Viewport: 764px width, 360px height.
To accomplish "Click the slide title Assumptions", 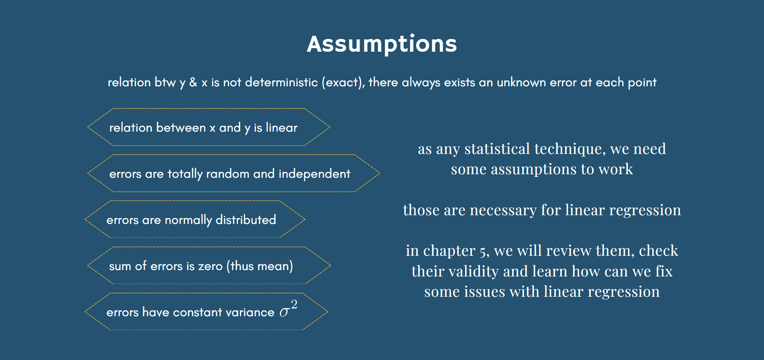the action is (382, 44).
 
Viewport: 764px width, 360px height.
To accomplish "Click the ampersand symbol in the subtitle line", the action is (193, 82).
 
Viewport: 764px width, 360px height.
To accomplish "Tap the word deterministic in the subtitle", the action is (281, 82).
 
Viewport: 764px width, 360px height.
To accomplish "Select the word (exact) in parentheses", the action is (343, 82).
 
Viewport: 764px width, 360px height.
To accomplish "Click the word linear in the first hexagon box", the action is (281, 128).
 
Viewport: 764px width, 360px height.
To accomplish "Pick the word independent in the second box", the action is (314, 174).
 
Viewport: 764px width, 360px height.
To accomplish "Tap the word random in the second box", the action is (228, 174).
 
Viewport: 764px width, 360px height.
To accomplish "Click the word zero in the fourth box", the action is (210, 266).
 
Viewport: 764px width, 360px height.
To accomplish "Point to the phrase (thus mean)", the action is (260, 266).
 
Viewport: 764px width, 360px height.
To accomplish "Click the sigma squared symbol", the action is (288, 309).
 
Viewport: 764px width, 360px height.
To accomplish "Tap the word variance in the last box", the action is (250, 312).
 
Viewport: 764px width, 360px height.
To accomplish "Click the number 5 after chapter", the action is (483, 252).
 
